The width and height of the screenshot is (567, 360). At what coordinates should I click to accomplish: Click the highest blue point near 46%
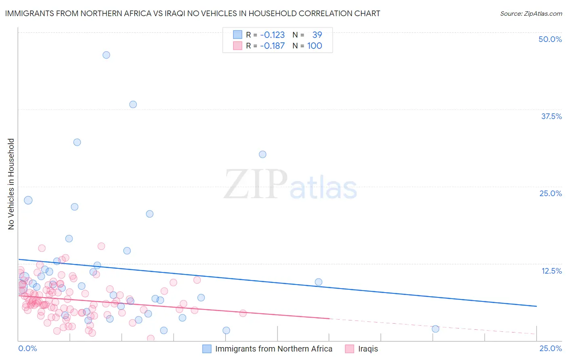click(106, 55)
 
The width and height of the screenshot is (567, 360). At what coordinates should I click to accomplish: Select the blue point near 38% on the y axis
click(133, 104)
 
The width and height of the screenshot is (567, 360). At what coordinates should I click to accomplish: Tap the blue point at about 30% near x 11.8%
click(263, 154)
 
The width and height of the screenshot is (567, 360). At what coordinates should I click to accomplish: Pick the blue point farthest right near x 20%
click(435, 329)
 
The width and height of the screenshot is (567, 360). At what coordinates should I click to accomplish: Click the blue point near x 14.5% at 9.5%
click(319, 282)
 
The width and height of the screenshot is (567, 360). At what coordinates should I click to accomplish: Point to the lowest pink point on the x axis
click(150, 338)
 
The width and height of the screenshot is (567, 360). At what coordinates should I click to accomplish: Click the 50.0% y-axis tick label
click(550, 39)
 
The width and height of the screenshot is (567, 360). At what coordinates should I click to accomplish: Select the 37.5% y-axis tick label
click(551, 116)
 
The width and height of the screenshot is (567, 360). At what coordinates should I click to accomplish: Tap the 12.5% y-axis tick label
click(551, 271)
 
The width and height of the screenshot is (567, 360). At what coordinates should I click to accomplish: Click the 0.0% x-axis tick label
click(27, 348)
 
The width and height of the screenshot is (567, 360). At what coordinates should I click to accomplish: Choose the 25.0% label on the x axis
click(550, 348)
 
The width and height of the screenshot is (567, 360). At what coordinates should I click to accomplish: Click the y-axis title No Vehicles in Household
click(11, 184)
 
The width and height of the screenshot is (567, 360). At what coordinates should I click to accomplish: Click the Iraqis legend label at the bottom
click(368, 349)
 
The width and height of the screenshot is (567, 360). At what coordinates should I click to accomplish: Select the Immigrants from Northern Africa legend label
click(274, 349)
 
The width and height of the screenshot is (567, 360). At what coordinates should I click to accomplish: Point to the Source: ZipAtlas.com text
click(531, 13)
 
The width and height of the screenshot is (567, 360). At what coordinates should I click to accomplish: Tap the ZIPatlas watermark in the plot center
click(290, 185)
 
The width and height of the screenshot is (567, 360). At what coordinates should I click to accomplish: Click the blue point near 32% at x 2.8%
click(77, 142)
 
